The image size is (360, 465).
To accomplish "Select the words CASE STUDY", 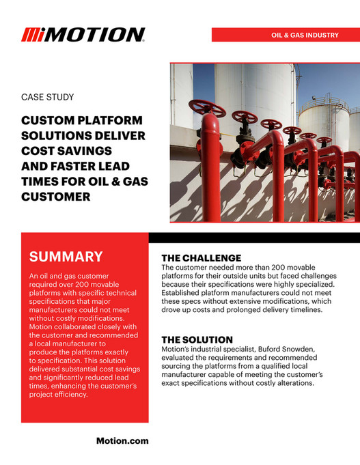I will point(48,98).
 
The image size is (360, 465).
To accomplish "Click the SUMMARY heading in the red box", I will point(66,257).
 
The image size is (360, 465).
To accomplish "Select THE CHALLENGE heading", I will point(201,258).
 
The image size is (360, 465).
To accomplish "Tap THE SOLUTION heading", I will point(197,339).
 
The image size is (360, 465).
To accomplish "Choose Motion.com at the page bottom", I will point(122,440).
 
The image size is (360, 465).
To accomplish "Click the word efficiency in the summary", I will point(86,394).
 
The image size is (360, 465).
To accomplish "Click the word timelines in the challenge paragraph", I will point(304,310).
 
